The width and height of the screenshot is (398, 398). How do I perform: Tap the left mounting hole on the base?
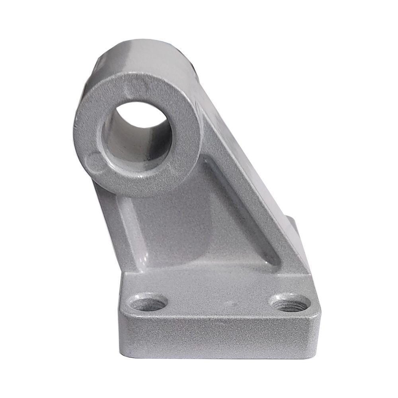click(148, 304)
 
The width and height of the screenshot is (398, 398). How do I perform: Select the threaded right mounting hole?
click(291, 303)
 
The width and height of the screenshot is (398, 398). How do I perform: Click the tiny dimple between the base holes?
click(228, 304)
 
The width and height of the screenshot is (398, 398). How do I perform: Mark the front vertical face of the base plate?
click(219, 338)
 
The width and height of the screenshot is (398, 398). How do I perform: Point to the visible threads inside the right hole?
click(293, 306)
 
